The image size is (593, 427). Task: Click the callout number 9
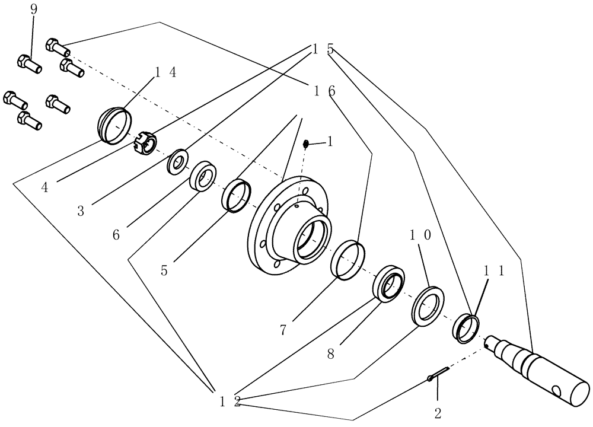33,11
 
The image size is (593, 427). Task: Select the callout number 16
324,90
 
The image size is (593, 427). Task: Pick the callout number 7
283,330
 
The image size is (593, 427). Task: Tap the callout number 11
493,270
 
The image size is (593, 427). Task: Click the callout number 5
164,270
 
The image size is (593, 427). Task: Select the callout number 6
116,235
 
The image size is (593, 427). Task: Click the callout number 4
45,187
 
